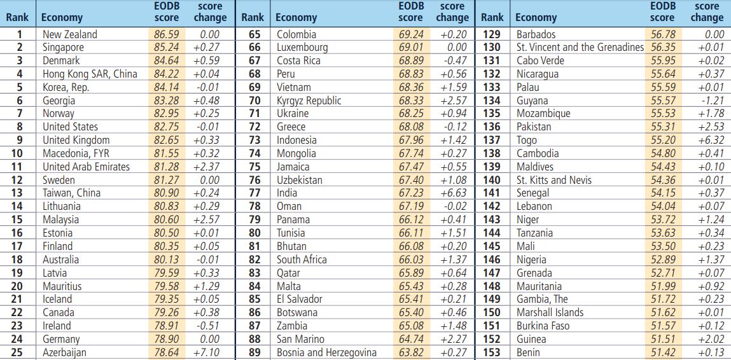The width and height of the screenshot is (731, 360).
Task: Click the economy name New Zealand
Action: [x=70, y=34]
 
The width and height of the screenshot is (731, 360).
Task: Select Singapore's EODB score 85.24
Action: [x=167, y=48]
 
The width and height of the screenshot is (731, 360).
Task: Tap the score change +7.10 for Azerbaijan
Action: [x=205, y=352]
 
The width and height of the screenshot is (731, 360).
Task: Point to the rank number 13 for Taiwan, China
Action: [x=17, y=193]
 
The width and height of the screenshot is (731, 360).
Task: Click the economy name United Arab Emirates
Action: [x=86, y=167]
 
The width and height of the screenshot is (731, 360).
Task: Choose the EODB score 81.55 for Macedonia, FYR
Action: [x=167, y=153]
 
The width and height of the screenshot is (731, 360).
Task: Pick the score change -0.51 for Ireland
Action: [x=206, y=326]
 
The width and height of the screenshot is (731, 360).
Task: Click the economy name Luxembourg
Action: [x=302, y=48]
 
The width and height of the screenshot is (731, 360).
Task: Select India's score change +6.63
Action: [x=452, y=193]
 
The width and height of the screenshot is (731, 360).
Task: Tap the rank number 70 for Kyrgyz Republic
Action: [x=254, y=100]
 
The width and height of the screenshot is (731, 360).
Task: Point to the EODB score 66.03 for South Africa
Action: [x=410, y=260]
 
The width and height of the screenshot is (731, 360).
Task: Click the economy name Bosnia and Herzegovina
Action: [x=326, y=352]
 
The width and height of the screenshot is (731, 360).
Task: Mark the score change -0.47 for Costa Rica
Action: [x=453, y=61]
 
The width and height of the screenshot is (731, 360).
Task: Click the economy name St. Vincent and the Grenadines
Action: [x=580, y=48]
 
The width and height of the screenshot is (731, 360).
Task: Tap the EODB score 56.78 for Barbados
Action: [x=662, y=34]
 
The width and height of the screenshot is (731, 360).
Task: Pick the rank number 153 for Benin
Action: [x=492, y=352]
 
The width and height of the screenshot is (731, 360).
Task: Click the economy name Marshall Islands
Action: [x=550, y=312]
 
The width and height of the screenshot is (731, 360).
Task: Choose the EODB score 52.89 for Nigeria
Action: [x=662, y=260]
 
